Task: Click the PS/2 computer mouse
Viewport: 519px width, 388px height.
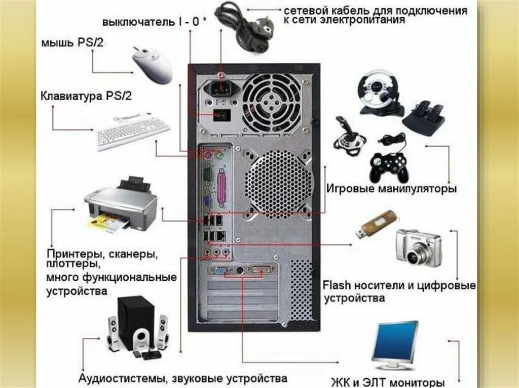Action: coord(153,64)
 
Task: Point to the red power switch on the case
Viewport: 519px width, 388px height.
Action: coord(221,115)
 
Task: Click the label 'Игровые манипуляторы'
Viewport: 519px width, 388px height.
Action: coord(391,189)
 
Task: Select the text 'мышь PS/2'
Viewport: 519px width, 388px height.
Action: coord(72,42)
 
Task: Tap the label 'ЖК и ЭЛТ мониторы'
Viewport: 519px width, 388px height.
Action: coord(388,382)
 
